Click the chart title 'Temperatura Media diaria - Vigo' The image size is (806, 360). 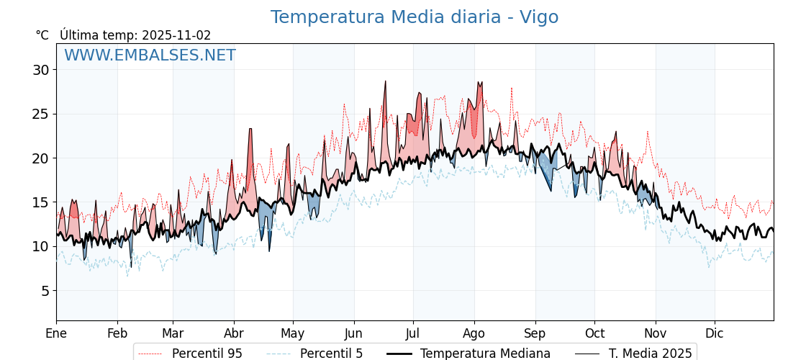click(x=414, y=17)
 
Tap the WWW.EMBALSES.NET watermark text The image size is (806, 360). click(x=150, y=55)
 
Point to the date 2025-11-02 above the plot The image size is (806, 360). click(x=176, y=35)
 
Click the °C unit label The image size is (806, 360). click(x=42, y=35)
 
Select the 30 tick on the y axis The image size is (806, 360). click(x=40, y=70)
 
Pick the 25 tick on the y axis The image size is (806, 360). click(x=40, y=114)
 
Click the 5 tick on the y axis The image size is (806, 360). click(x=44, y=291)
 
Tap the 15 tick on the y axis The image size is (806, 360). click(x=40, y=202)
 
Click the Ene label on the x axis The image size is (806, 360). click(x=56, y=333)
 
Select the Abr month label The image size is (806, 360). click(x=234, y=333)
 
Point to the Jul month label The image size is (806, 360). click(x=413, y=333)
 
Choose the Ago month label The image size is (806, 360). click(x=474, y=333)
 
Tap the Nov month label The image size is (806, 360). click(x=656, y=333)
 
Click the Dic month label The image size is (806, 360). click(x=715, y=333)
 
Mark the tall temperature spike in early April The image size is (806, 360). click(x=250, y=130)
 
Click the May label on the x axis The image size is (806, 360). click(x=293, y=333)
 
